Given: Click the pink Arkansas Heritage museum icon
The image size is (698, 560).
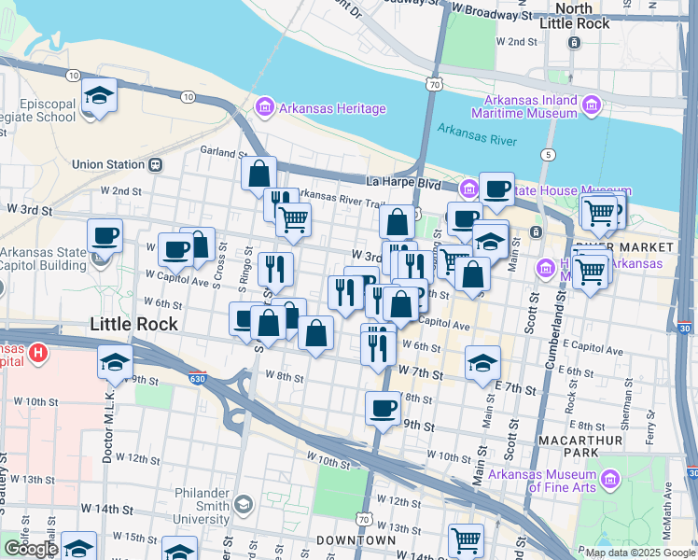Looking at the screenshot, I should [x=264, y=109].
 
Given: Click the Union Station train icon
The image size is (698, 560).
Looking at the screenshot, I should [x=156, y=165].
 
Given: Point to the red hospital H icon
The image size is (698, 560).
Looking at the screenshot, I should [x=37, y=353].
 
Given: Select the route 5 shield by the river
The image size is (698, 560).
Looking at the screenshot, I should [x=548, y=153].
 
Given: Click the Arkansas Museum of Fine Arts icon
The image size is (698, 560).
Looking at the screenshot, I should [x=610, y=480].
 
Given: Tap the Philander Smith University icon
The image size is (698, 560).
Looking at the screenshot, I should [x=243, y=505].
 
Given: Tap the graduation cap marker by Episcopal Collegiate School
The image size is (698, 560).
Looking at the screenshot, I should [x=98, y=97].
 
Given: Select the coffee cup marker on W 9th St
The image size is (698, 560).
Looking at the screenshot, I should [x=383, y=408].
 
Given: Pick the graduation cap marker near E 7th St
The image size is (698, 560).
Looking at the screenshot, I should [x=482, y=363].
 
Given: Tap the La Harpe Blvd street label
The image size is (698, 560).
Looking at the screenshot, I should [x=402, y=185].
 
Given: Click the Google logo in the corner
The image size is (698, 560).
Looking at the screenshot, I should [x=31, y=549].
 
